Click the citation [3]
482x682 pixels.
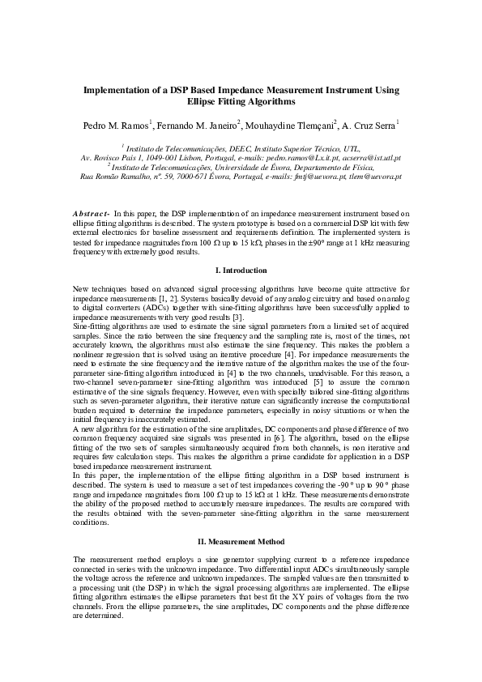[238, 320]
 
